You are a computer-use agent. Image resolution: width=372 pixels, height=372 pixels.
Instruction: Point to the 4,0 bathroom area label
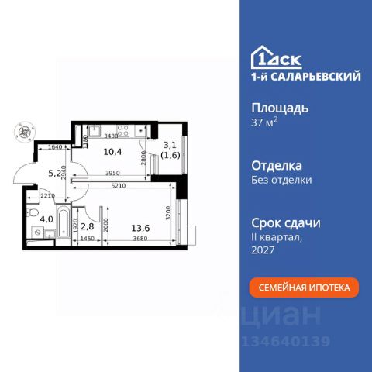pos(46,219)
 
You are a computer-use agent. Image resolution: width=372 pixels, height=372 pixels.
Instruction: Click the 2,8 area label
pos(87,226)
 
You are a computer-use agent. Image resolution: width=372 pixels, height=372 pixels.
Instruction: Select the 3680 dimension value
pos(139,239)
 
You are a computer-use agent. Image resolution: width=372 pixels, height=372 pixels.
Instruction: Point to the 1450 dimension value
pos(88,239)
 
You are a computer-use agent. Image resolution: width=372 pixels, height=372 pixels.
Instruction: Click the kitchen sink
pos(93,131)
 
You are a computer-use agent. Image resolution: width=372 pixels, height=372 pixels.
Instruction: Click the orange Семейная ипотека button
pos(304,288)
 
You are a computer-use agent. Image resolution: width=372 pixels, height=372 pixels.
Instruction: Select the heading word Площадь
pos(276,108)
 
